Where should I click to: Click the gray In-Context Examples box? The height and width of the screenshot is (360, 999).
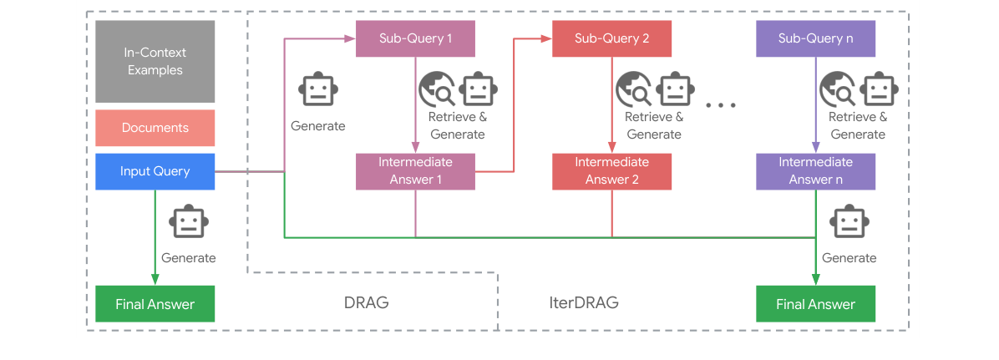pyautogui.click(x=155, y=61)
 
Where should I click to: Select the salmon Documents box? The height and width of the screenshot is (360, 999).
pyautogui.click(x=155, y=128)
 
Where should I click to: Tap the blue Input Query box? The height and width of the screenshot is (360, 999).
pyautogui.click(x=155, y=171)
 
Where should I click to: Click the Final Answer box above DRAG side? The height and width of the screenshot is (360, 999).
pyautogui.click(x=155, y=304)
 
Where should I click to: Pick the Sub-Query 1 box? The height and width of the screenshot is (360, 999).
pyautogui.click(x=415, y=38)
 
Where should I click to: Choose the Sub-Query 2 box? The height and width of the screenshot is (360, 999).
pyautogui.click(x=611, y=38)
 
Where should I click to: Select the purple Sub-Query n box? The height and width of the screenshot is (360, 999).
pyautogui.click(x=815, y=38)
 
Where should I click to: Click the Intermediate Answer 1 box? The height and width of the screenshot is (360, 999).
pyautogui.click(x=415, y=170)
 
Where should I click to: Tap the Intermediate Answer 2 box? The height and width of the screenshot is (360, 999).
pyautogui.click(x=611, y=170)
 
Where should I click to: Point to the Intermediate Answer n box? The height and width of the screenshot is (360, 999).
pyautogui.click(x=815, y=170)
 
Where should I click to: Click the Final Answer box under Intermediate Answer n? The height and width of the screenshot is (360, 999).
pyautogui.click(x=815, y=304)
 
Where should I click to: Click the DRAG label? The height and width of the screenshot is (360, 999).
pyautogui.click(x=367, y=302)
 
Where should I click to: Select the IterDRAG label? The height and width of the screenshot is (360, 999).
pyautogui.click(x=578, y=302)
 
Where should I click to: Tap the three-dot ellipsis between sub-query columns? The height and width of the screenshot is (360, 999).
pyautogui.click(x=720, y=105)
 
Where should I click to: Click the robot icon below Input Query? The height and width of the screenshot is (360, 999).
pyautogui.click(x=188, y=223)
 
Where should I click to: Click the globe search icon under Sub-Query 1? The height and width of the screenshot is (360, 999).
pyautogui.click(x=436, y=89)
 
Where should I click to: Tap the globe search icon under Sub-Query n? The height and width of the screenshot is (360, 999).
pyautogui.click(x=837, y=89)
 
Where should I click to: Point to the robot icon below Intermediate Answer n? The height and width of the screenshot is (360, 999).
pyautogui.click(x=849, y=223)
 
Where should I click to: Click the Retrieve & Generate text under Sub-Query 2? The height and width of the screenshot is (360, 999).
pyautogui.click(x=654, y=125)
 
